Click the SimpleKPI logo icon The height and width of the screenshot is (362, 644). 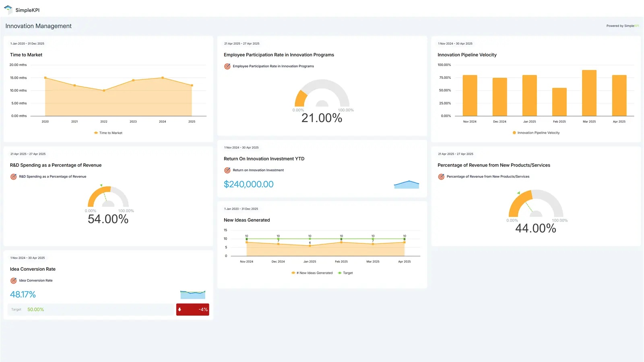click(8, 9)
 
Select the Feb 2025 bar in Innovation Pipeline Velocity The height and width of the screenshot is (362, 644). click(559, 102)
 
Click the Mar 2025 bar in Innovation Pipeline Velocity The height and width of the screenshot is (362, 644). click(589, 93)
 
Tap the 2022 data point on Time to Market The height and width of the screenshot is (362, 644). click(104, 90)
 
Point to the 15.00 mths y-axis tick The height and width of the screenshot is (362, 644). click(18, 78)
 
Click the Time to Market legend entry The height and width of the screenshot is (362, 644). click(108, 133)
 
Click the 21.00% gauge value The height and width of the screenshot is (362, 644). click(322, 118)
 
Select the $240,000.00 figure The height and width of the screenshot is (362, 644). click(248, 184)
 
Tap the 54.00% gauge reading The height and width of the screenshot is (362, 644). click(108, 219)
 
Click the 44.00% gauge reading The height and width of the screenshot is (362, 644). click(535, 228)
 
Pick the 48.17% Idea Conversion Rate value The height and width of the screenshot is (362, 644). click(23, 294)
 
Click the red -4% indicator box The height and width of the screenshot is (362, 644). click(192, 309)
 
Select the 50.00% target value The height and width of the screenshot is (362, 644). click(35, 309)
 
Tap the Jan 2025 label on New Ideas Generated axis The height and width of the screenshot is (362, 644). click(310, 261)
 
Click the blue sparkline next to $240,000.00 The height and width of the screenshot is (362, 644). click(406, 185)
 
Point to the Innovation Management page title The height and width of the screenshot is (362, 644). click(38, 26)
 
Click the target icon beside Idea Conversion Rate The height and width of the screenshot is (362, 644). click(13, 281)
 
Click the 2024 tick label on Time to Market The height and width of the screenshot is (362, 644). click(162, 121)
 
